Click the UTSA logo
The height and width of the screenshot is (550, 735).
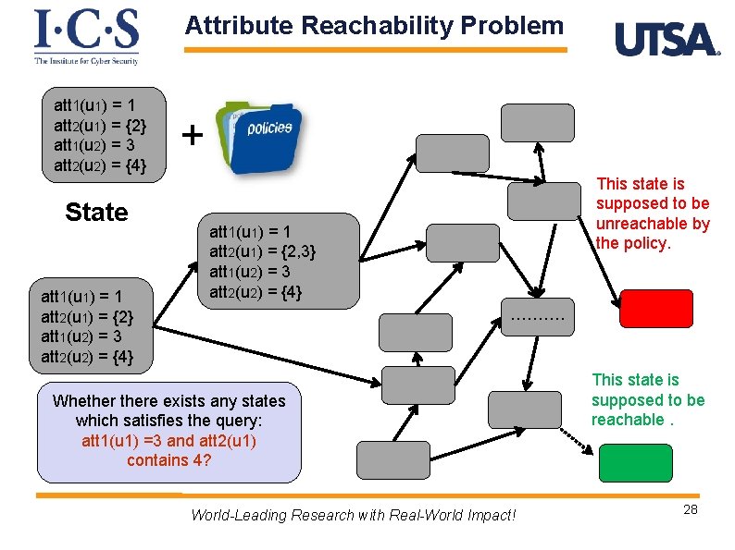click(x=666, y=40)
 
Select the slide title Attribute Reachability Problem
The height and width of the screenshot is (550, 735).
click(x=374, y=26)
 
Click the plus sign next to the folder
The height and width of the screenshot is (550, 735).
click(x=192, y=136)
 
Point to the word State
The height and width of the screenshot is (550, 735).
click(x=96, y=213)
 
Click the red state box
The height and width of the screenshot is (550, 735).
click(x=655, y=309)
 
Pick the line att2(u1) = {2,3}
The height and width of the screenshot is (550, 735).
click(x=264, y=251)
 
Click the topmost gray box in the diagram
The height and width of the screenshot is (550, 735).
click(x=537, y=122)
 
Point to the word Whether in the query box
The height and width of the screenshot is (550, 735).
click(x=82, y=400)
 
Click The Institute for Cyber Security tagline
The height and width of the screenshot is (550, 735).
click(x=86, y=61)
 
